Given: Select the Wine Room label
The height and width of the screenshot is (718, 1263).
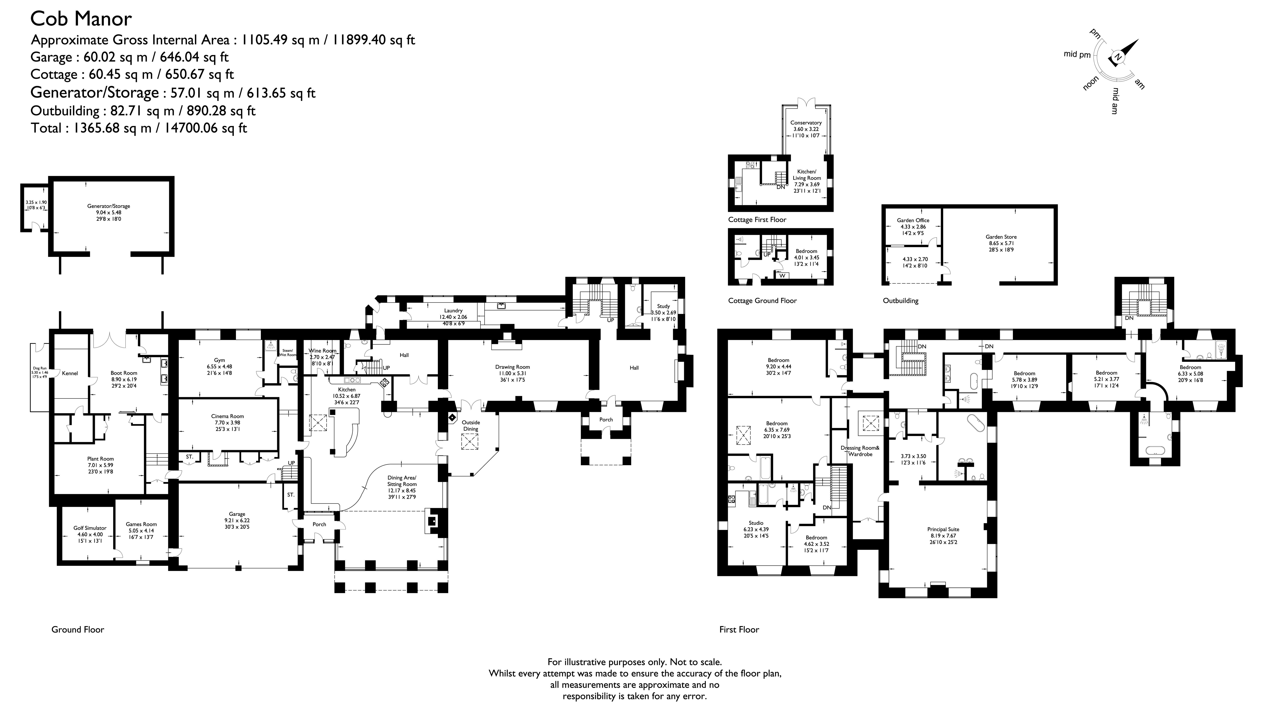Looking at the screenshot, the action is [x=322, y=351].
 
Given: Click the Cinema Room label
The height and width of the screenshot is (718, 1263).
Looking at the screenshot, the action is [x=228, y=416].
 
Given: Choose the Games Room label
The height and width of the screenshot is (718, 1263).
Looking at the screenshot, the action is [x=141, y=524].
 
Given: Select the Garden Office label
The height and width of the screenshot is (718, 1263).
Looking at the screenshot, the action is [x=913, y=220].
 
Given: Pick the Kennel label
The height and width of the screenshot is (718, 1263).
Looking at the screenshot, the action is [x=70, y=373].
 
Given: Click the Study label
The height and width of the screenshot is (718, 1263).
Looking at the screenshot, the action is [x=663, y=306].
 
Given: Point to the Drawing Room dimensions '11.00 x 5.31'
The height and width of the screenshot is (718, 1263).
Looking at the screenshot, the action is [x=513, y=373].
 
